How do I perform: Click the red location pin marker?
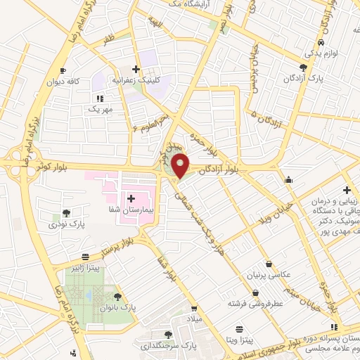pyautogui.click(x=181, y=165)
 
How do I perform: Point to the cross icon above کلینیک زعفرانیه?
pyautogui.click(x=136, y=69)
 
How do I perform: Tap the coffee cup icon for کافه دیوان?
pyautogui.click(x=63, y=71)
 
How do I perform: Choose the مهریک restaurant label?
pyautogui.click(x=99, y=110)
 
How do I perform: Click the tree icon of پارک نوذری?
pyautogui.click(x=66, y=212)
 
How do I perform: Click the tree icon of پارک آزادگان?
pyautogui.click(x=303, y=67)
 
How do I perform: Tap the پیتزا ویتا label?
pyautogui.click(x=238, y=339)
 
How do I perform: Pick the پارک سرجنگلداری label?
pyautogui.click(x=167, y=345)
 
